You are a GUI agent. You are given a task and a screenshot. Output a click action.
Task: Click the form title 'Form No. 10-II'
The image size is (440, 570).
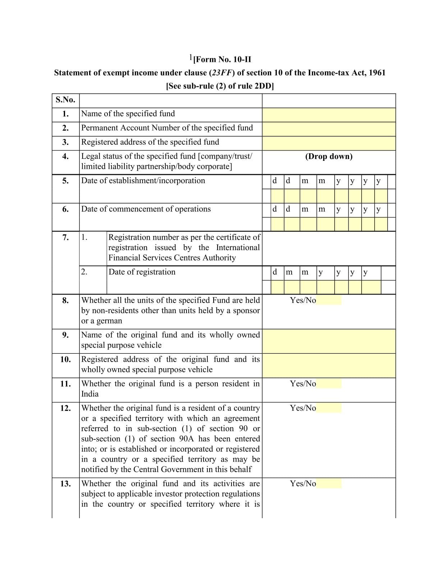click(x=222, y=59)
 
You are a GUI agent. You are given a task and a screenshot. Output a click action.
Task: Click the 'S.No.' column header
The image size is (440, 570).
click(x=65, y=100)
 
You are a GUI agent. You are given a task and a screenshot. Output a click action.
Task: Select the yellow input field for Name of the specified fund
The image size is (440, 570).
click(x=329, y=115)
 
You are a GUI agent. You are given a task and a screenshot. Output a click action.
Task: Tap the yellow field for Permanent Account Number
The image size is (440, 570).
click(x=329, y=129)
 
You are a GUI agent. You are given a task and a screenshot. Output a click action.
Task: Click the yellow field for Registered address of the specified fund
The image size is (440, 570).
click(x=329, y=143)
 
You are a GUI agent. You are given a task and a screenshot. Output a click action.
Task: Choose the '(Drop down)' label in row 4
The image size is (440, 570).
click(x=329, y=157)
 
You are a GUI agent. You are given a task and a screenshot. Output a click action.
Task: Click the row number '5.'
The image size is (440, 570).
click(x=65, y=181)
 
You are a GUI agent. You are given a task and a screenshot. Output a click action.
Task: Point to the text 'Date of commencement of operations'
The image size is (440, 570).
click(x=146, y=209)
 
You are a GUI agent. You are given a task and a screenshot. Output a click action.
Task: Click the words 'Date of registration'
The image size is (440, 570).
click(x=142, y=272)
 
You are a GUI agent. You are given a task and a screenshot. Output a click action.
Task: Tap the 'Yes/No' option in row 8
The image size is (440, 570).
click(x=303, y=300)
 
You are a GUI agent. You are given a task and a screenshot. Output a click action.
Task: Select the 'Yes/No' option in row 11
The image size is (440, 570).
click(x=303, y=384)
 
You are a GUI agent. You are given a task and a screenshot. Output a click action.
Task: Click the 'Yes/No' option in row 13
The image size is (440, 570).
click(x=303, y=484)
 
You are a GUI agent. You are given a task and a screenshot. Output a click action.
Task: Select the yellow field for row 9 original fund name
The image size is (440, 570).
click(x=329, y=341)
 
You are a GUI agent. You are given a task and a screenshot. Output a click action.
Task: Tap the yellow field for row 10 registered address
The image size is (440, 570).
click(x=329, y=365)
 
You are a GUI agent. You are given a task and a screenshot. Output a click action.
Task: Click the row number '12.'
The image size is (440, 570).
click(x=65, y=408)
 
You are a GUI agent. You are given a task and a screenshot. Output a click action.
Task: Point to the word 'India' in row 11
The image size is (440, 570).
click(x=90, y=394)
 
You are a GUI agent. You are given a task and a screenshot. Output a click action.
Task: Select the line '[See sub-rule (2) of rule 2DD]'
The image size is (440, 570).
click(x=220, y=86)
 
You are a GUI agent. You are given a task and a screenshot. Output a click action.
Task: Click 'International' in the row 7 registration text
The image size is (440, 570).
click(x=238, y=248)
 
